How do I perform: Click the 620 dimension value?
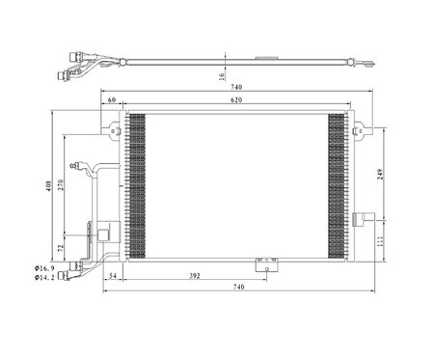tap(236, 100)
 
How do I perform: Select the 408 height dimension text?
tap(49, 186)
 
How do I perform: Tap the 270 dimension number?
tap(61, 184)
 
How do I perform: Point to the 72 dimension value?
tap(61, 247)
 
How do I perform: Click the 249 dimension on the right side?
tap(381, 174)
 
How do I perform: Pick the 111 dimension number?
tap(381, 241)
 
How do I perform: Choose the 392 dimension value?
tap(195, 276)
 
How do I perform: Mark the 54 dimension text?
tap(113, 276)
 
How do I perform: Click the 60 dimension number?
tap(112, 99)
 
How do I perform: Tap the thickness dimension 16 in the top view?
tap(221, 76)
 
